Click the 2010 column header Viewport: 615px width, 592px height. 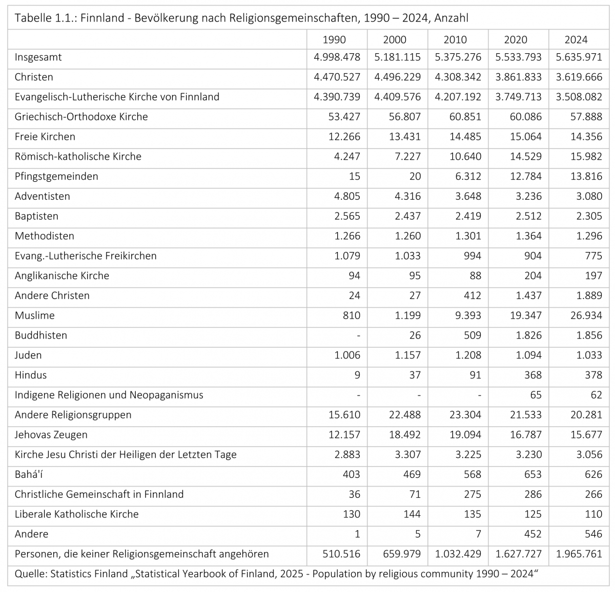pyautogui.click(x=455, y=39)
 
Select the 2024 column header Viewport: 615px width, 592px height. pyautogui.click(x=576, y=39)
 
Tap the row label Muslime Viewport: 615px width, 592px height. pyautogui.click(x=34, y=315)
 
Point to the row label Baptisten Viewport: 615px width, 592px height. pyautogui.click(x=36, y=216)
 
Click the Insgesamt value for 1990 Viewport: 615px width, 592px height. pyautogui.click(x=337, y=57)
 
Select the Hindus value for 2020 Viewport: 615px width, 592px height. pyautogui.click(x=532, y=375)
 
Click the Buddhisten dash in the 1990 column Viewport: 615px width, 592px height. pyautogui.click(x=358, y=335)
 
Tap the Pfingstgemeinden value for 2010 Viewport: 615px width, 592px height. pyautogui.click(x=465, y=176)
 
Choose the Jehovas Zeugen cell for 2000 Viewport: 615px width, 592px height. pyautogui.click(x=404, y=435)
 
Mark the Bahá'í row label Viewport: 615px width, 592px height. pyautogui.click(x=29, y=474)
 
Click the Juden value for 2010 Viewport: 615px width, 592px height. pyautogui.click(x=465, y=355)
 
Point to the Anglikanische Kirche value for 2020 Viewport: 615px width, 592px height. pyautogui.click(x=532, y=276)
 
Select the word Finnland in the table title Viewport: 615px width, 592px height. pyautogui.click(x=102, y=18)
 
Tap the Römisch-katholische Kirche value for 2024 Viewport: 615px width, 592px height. pyautogui.click(x=586, y=156)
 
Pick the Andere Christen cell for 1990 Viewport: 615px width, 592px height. pyautogui.click(x=354, y=295)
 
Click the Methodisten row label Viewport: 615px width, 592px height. pyautogui.click(x=44, y=236)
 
